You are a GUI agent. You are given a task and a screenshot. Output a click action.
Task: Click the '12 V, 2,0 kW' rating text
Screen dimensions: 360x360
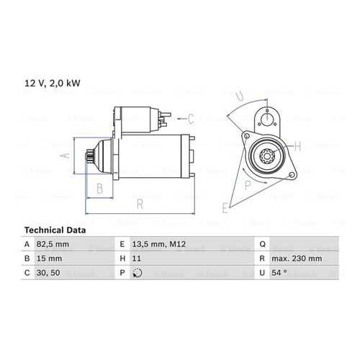pyautogui.click(x=53, y=84)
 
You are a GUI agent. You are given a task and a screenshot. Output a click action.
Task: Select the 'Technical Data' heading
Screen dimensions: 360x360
pyautogui.click(x=55, y=230)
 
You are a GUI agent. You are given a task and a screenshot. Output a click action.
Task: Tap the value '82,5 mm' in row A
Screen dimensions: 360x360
pyautogui.click(x=53, y=244)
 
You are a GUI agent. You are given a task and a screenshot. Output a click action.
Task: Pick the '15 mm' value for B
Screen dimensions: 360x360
pyautogui.click(x=49, y=258)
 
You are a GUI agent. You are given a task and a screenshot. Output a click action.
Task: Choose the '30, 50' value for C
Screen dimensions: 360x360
pyautogui.click(x=48, y=273)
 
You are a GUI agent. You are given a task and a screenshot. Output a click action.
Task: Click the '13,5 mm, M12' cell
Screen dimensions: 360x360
pyautogui.click(x=159, y=244)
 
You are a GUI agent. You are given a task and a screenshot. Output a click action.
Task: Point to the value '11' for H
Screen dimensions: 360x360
pyautogui.click(x=136, y=258)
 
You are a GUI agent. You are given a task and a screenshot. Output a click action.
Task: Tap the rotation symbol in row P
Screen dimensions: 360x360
pyautogui.click(x=138, y=273)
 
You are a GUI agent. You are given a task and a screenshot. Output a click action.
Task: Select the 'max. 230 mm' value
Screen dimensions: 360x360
pyautogui.click(x=297, y=258)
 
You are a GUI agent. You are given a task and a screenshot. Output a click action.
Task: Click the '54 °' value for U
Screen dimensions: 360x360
pyautogui.click(x=279, y=273)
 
